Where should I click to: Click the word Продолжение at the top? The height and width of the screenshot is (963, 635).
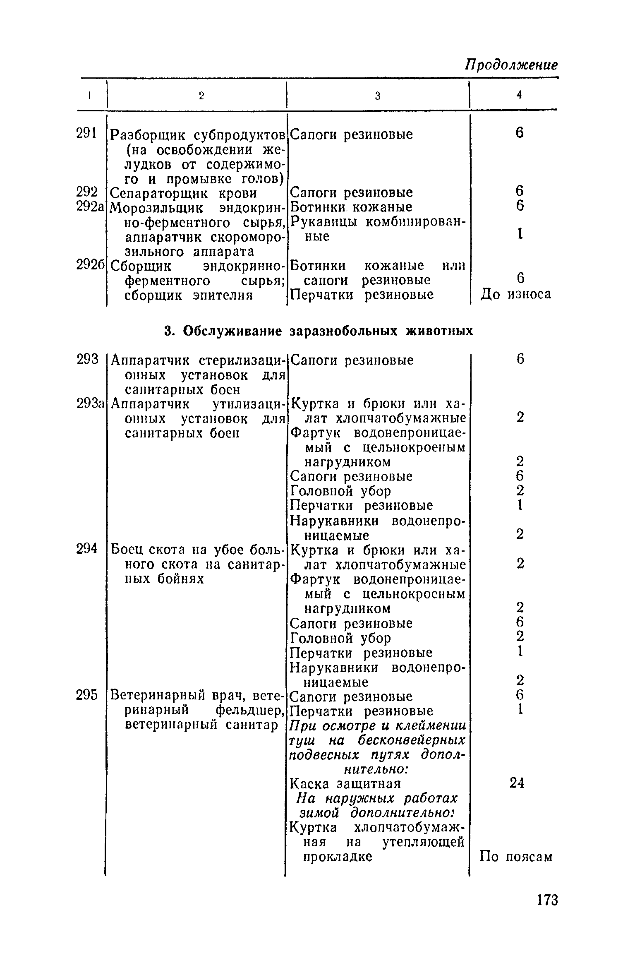point(511,65)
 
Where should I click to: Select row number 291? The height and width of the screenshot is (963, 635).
point(86,134)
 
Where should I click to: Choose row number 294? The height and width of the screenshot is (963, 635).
point(87,550)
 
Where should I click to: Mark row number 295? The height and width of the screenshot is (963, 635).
point(87,696)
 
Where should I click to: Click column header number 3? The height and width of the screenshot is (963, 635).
point(377,96)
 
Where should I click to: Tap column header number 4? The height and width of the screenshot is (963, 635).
point(520,95)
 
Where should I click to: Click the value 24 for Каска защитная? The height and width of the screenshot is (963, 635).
point(517,783)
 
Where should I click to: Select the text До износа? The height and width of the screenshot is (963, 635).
point(516,294)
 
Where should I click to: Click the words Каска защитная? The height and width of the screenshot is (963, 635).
point(345,784)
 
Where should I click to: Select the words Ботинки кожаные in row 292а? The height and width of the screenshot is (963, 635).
point(351,207)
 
